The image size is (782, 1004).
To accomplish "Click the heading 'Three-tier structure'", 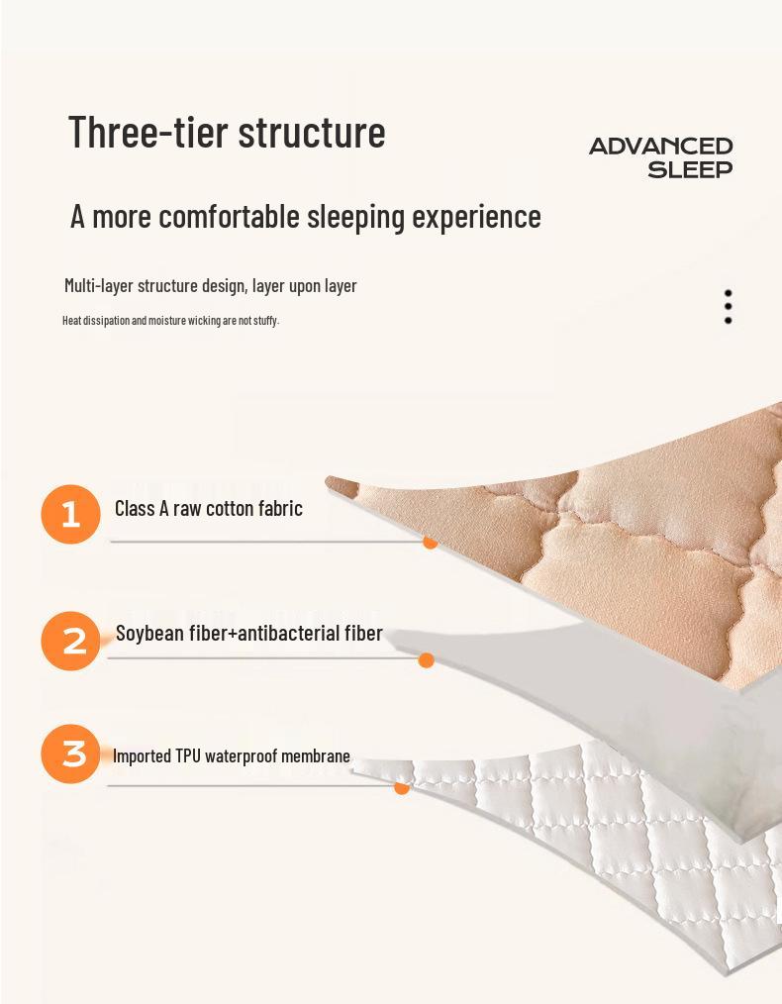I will pyautogui.click(x=227, y=132).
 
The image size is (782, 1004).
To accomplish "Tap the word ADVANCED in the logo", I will pyautogui.click(x=660, y=147).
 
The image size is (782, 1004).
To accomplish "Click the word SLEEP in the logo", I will pyautogui.click(x=690, y=169).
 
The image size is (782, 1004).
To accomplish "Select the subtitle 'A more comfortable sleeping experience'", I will pyautogui.click(x=305, y=216).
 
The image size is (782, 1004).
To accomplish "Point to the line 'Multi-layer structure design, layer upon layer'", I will pyautogui.click(x=210, y=286).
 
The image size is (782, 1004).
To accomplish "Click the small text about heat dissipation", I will pyautogui.click(x=170, y=320).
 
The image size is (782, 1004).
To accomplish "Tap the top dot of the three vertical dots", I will pyautogui.click(x=728, y=293).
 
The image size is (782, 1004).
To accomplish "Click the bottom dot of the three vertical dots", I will pyautogui.click(x=728, y=321).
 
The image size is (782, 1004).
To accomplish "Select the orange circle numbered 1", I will pyautogui.click(x=70, y=514).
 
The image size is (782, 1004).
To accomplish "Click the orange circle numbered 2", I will pyautogui.click(x=71, y=641).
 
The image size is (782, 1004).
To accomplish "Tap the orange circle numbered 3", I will pyautogui.click(x=71, y=753).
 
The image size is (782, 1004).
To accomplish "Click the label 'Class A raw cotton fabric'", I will pyautogui.click(x=208, y=509).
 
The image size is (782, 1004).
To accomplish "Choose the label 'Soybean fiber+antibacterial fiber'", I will pyautogui.click(x=248, y=634).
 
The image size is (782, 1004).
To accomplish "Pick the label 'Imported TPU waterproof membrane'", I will pyautogui.click(x=231, y=756).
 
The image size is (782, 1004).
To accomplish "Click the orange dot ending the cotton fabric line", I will pyautogui.click(x=430, y=542).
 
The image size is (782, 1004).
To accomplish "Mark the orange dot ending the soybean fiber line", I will pyautogui.click(x=427, y=660).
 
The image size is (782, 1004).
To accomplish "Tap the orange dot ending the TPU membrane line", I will pyautogui.click(x=402, y=787).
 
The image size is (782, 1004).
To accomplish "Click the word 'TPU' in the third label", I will pyautogui.click(x=188, y=756).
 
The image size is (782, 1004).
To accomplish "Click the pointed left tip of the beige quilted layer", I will pyautogui.click(x=329, y=481).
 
